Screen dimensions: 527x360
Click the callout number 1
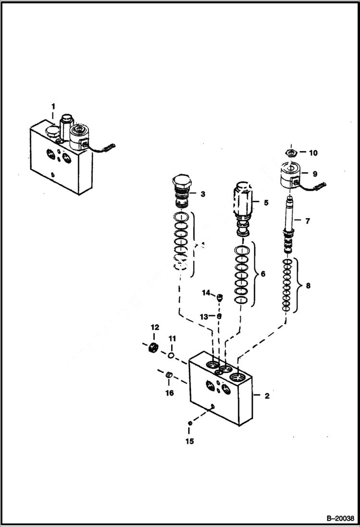pos(53,106)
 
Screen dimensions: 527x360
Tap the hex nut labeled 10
pos(290,153)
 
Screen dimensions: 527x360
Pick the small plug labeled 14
pos(219,297)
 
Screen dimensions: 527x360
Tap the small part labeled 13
pos(219,316)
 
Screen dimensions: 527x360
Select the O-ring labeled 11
pos(171,355)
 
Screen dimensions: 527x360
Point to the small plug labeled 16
pos(169,375)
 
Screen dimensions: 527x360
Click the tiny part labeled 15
pos(190,423)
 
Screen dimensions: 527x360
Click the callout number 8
pos(308,285)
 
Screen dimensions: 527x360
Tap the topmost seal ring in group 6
pos(242,251)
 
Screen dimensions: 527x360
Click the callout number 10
pos(313,153)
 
